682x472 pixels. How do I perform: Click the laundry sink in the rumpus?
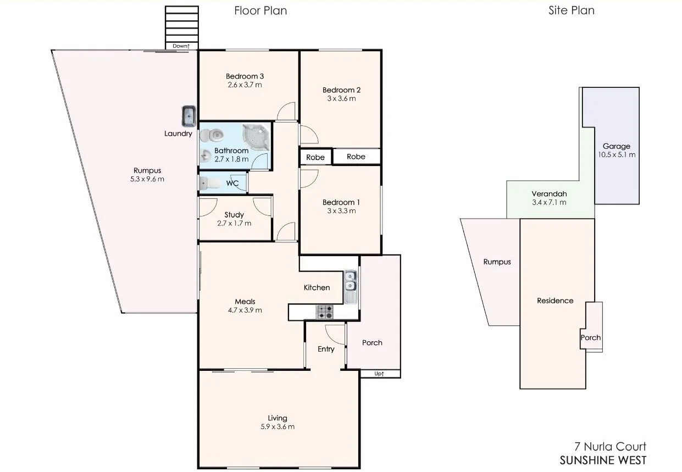coord(188,116)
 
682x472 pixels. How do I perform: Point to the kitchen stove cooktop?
coord(324,312)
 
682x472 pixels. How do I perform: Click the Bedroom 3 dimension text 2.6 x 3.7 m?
coord(244,85)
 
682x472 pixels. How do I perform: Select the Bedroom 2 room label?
coord(341,90)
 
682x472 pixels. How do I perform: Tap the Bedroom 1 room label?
coord(341,202)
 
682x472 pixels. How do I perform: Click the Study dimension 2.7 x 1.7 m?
coord(234,223)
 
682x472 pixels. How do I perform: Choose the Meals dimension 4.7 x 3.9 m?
coord(245,310)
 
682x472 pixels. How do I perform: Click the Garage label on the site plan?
coord(616,146)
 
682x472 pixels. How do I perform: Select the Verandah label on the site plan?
coord(549,194)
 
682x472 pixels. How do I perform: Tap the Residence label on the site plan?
coord(555,301)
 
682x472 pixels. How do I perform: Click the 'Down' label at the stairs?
coord(181,46)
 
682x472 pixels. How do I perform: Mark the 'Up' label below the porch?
coord(379,374)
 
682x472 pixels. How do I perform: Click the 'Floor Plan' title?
coord(260,10)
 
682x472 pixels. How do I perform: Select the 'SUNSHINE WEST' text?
coord(603,460)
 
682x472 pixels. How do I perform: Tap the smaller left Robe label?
coord(315,157)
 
